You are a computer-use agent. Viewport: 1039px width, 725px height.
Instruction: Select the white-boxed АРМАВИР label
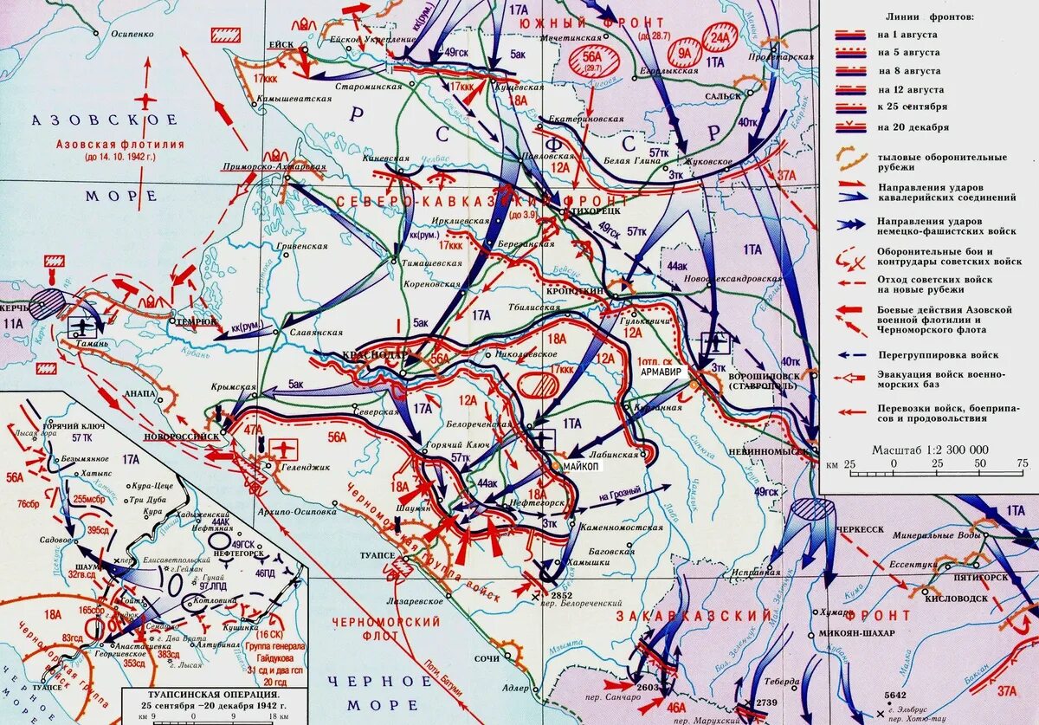[662, 370]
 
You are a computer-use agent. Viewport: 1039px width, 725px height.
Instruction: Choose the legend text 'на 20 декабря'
[912, 126]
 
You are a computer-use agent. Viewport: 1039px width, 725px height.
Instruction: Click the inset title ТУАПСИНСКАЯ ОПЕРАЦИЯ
[213, 695]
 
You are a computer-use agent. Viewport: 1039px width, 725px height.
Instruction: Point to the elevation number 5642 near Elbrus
[895, 695]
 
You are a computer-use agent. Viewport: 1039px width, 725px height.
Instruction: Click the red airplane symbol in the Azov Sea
[147, 99]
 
